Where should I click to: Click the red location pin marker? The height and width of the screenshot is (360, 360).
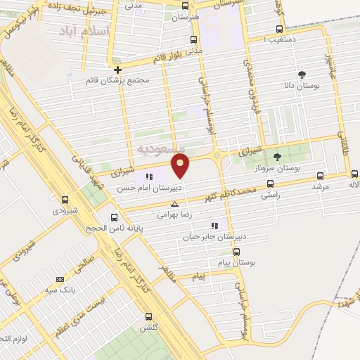[181, 166]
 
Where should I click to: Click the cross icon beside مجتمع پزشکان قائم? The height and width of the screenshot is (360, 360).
[118, 70]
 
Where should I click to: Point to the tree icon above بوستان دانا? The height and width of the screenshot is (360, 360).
[302, 75]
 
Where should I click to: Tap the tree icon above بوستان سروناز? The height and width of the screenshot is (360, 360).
[277, 157]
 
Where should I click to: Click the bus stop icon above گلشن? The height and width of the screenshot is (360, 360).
[148, 317]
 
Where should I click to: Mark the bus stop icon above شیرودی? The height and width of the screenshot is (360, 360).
[65, 200]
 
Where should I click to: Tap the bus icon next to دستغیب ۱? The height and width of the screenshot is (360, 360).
[281, 30]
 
